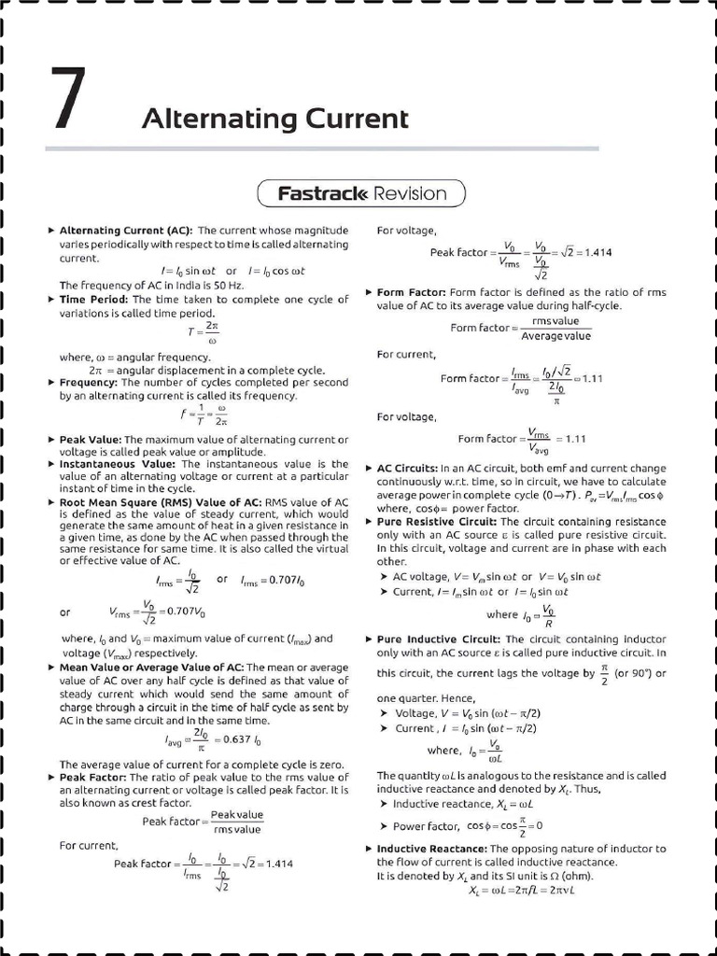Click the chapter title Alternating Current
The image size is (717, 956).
pos(274,119)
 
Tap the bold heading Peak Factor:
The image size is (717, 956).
pos(92,777)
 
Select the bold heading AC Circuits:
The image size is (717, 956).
pos(407,467)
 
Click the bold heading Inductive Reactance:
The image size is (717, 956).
pos(431,849)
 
